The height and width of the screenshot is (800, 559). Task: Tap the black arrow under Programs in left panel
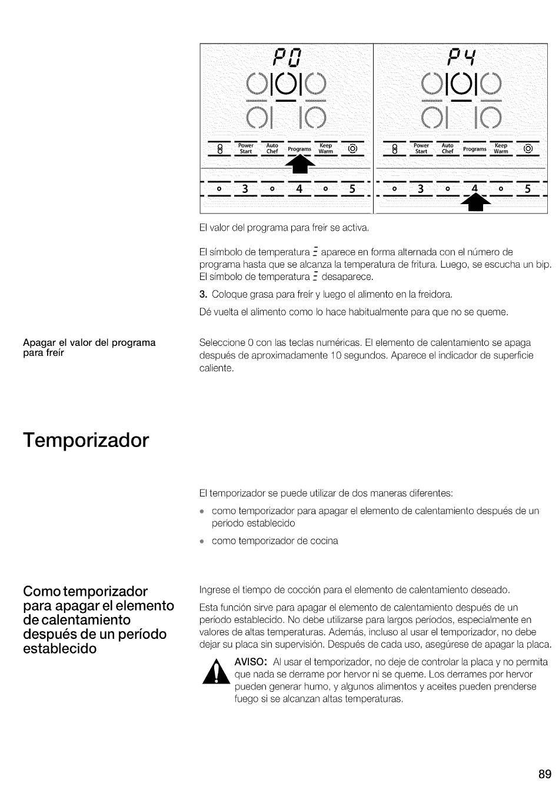click(300, 164)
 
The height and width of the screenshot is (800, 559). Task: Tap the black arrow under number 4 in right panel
click(475, 202)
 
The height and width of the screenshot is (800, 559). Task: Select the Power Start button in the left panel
click(246, 148)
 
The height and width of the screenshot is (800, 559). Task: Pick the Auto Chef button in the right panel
click(448, 148)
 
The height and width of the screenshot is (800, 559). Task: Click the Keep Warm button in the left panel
click(326, 148)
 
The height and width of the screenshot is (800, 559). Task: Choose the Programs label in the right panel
click(475, 149)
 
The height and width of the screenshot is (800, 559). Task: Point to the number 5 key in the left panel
click(352, 189)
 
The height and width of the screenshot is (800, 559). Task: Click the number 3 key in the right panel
click(421, 189)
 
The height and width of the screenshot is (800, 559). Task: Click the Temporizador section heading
click(86, 440)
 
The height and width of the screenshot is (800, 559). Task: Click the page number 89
click(544, 774)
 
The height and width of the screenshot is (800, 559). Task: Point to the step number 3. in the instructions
click(204, 294)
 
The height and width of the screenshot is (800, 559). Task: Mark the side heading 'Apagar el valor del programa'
click(89, 342)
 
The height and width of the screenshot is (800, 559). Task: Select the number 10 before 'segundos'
click(336, 355)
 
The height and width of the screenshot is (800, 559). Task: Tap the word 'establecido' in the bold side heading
click(59, 648)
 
